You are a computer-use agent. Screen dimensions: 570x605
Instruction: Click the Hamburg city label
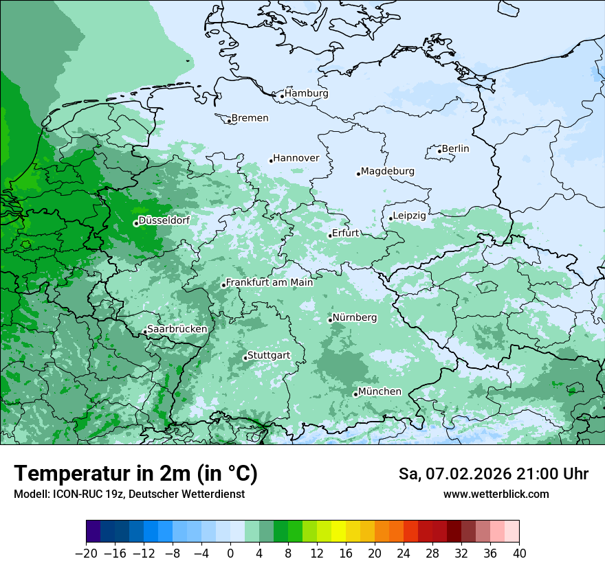(307, 93)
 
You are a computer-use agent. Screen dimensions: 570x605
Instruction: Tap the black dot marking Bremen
(229, 121)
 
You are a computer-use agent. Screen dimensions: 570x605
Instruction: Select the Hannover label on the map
(296, 159)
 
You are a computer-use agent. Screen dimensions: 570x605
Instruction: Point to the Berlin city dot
(439, 151)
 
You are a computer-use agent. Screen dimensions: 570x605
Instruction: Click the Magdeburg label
(388, 171)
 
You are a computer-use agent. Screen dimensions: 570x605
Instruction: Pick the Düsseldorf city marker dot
(136, 223)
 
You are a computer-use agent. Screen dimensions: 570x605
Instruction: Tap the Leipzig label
(410, 216)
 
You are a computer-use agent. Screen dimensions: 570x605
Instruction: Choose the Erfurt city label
(346, 233)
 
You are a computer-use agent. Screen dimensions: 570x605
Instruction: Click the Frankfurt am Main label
(269, 282)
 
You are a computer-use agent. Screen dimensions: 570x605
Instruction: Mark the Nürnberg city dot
(330, 320)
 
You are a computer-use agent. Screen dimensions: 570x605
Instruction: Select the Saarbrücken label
(177, 329)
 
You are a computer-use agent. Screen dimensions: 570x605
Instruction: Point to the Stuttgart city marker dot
(245, 358)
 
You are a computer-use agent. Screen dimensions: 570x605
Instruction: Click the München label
(379, 391)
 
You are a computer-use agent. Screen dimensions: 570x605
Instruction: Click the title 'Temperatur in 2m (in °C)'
(135, 474)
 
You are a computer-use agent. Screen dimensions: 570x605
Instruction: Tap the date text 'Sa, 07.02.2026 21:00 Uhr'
(493, 474)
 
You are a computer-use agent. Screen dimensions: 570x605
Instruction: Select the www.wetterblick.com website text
(496, 494)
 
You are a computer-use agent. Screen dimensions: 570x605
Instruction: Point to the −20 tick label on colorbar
(86, 554)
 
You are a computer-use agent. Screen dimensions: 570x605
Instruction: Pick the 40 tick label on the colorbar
(519, 554)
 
